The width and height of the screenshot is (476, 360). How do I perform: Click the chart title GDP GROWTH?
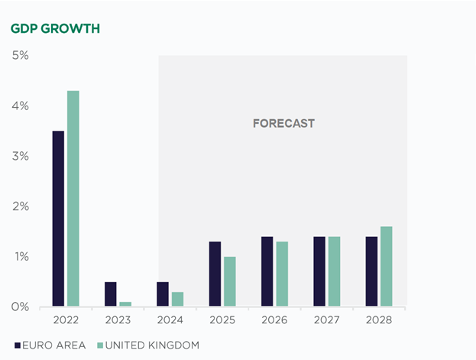(56, 29)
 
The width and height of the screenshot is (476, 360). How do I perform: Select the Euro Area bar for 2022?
(58, 219)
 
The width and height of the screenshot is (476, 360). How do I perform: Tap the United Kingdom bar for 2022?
(73, 199)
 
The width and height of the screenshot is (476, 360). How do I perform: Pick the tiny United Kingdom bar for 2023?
(125, 304)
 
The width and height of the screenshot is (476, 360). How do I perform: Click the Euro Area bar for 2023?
(111, 294)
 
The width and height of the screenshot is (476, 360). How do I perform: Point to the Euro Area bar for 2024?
(163, 294)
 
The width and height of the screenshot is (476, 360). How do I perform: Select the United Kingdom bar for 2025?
(230, 281)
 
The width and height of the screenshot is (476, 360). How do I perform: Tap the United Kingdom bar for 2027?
(335, 271)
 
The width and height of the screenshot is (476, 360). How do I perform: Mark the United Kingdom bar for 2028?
(387, 266)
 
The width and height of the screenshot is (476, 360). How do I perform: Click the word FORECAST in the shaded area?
(283, 123)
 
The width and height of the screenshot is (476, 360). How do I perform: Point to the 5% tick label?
(20, 56)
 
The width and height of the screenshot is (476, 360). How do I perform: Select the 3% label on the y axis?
(20, 156)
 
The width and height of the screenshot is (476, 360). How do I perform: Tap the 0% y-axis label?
(20, 306)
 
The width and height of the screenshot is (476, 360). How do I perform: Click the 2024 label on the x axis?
(170, 321)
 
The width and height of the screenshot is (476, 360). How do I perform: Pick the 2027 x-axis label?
(327, 321)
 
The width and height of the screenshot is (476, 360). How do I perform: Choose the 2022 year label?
(66, 321)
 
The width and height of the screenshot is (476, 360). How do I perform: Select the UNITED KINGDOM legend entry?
(150, 345)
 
